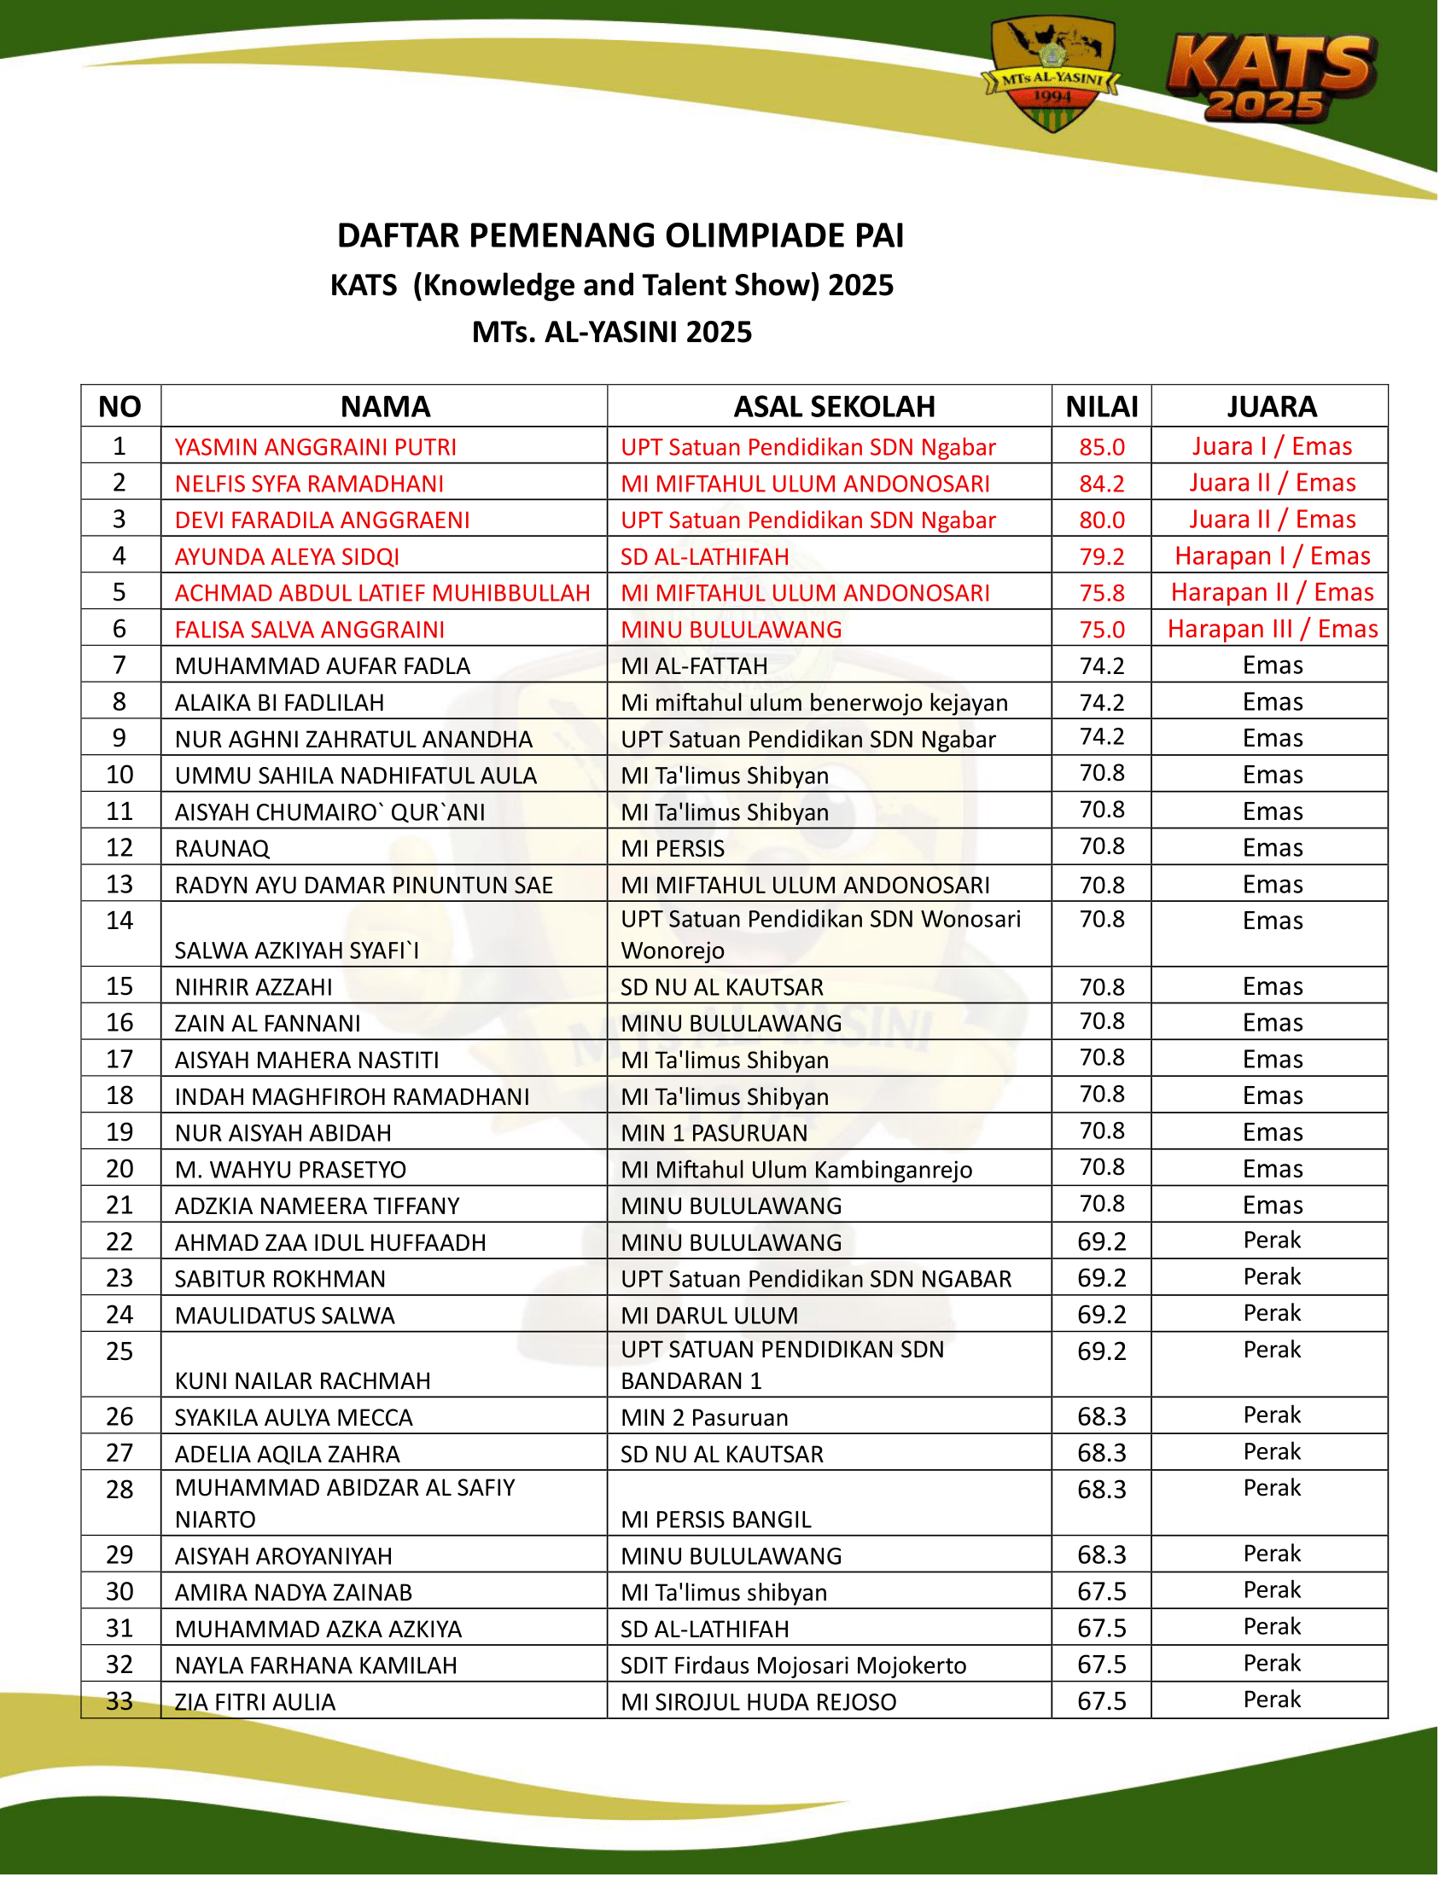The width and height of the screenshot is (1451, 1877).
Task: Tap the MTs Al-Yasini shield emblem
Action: tap(1052, 75)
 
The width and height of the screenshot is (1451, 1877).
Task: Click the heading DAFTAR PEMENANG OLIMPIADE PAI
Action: tap(620, 235)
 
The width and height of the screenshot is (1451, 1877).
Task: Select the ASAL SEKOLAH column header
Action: tap(833, 406)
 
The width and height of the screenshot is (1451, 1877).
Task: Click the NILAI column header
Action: tap(1101, 406)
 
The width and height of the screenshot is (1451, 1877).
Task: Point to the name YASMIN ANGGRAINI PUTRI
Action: tap(316, 447)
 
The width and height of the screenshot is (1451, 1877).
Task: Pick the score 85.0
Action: tap(1101, 447)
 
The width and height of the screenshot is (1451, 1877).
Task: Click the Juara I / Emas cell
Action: tap(1272, 446)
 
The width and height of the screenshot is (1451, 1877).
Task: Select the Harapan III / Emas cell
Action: tap(1272, 629)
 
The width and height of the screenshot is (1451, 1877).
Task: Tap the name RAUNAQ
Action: tap(222, 849)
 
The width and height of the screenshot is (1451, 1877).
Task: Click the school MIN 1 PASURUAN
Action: tap(714, 1133)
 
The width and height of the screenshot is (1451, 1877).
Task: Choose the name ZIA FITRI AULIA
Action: tap(254, 1702)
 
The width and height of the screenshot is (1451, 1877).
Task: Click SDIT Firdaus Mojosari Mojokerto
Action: tap(793, 1665)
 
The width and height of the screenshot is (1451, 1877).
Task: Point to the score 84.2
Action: tap(1101, 484)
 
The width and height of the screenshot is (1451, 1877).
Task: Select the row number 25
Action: tap(119, 1352)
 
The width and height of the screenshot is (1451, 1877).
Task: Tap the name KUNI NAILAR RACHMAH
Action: tap(303, 1381)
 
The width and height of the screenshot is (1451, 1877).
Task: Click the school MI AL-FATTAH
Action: tap(694, 666)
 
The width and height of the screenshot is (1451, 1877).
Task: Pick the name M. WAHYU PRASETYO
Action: tap(290, 1170)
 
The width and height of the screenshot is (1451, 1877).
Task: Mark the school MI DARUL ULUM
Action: tap(709, 1316)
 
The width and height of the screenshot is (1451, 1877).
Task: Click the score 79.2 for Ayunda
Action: tap(1101, 557)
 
